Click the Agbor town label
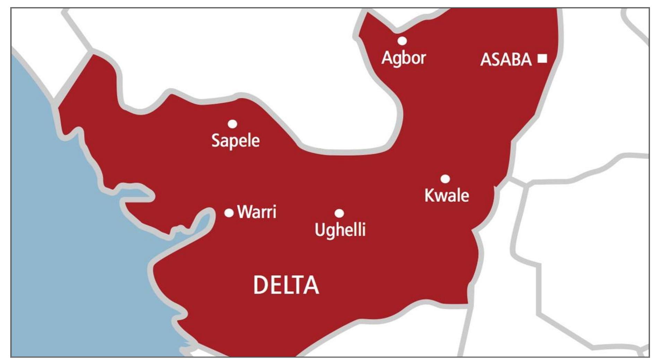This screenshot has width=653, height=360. click(403, 58)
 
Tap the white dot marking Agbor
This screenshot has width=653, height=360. click(402, 41)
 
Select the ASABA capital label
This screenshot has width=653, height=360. click(506, 60)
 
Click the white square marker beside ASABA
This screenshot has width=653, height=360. click(542, 58)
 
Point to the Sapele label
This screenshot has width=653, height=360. click(235, 140)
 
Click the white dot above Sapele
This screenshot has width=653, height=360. click(232, 124)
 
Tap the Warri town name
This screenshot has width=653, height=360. click(257, 212)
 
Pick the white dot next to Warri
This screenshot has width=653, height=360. click(229, 213)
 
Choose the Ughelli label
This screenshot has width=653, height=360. click(340, 230)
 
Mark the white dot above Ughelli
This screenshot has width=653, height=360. click(339, 213)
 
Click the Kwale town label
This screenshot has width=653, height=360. click(447, 196)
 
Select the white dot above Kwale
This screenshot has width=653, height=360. click(445, 179)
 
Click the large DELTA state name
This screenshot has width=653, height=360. click(286, 285)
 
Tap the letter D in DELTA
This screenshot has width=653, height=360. click(260, 285)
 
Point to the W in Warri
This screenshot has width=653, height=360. click(245, 212)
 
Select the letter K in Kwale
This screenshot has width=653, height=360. click(430, 195)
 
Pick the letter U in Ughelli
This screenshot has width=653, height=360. click(320, 230)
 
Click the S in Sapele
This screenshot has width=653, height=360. click(216, 140)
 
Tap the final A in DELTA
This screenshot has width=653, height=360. click(311, 285)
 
